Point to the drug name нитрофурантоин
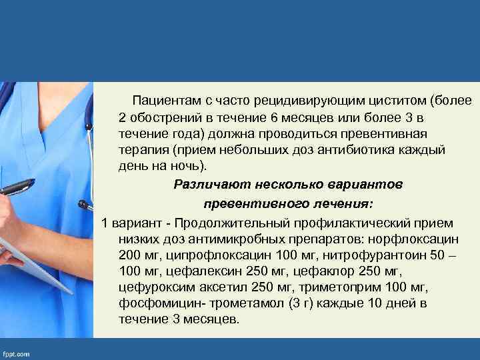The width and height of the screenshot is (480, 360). click(371, 255)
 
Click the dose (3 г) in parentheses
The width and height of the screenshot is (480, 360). click(294, 303)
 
